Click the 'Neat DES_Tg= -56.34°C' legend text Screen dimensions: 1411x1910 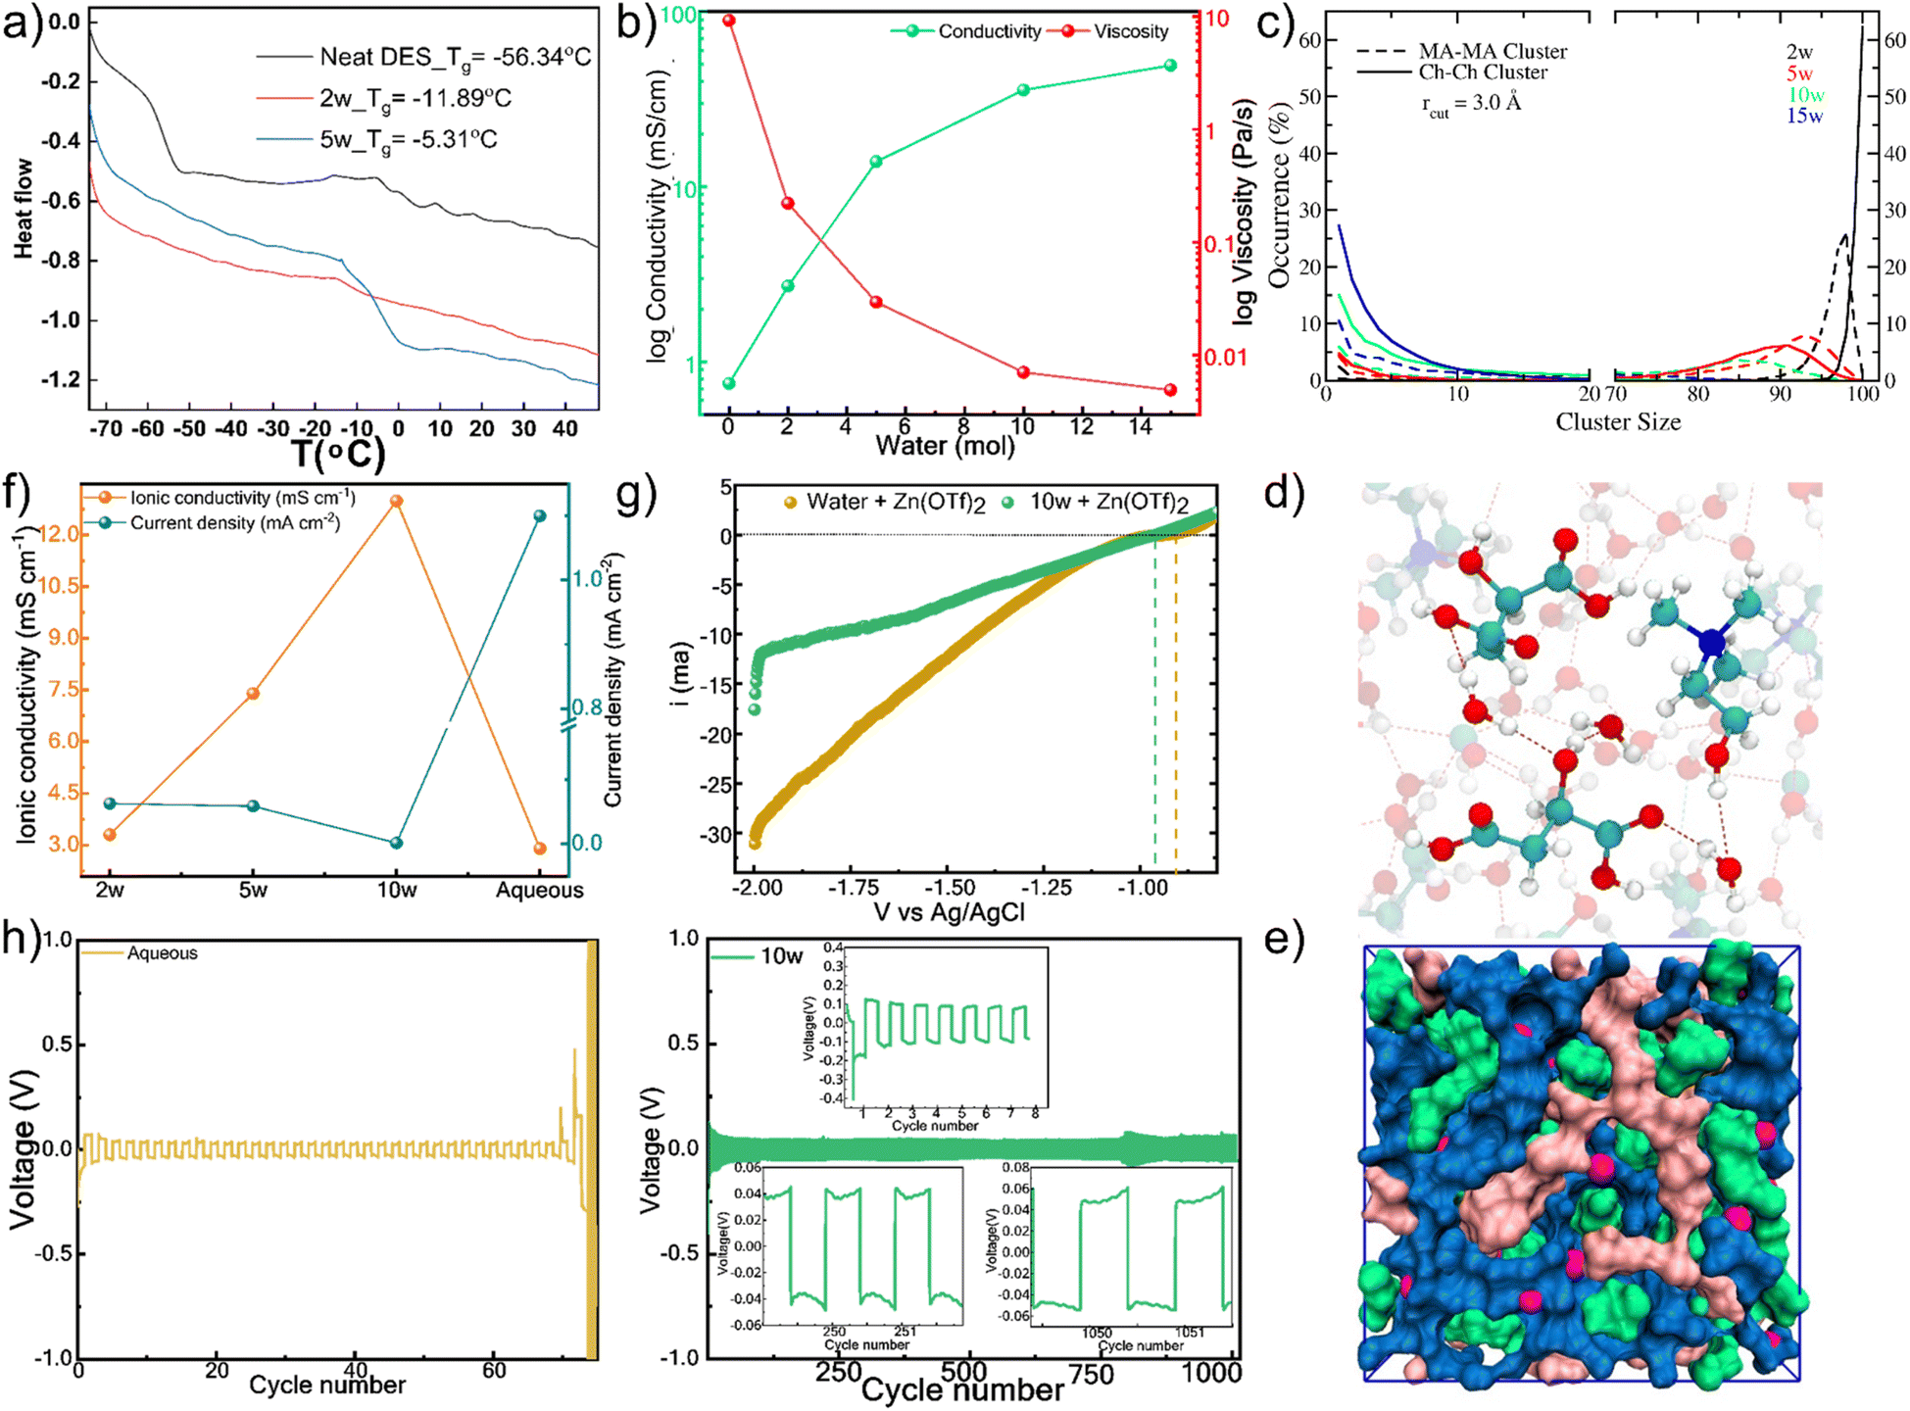tap(455, 57)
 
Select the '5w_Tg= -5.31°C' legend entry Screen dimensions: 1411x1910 tap(408, 139)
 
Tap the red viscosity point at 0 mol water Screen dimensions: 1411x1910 tap(729, 21)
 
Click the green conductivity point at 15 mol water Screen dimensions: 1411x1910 tap(1170, 66)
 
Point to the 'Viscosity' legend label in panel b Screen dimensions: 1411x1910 tap(1131, 31)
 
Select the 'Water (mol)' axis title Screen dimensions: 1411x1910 tap(945, 446)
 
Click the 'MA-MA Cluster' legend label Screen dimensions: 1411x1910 tap(1493, 51)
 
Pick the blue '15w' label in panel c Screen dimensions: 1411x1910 tap(1804, 116)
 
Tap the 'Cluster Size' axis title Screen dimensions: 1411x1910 tap(1618, 422)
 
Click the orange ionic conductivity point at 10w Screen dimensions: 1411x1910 tap(397, 501)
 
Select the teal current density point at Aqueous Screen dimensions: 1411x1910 tap(540, 515)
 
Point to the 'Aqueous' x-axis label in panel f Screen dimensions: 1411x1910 tap(539, 891)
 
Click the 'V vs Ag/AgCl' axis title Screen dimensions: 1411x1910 tap(949, 912)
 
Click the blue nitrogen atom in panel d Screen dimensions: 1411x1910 tap(1711, 643)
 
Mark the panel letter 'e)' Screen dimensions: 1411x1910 tap(1284, 939)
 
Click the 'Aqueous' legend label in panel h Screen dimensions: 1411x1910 tap(162, 953)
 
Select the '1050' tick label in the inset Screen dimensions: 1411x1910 tap(1097, 1333)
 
